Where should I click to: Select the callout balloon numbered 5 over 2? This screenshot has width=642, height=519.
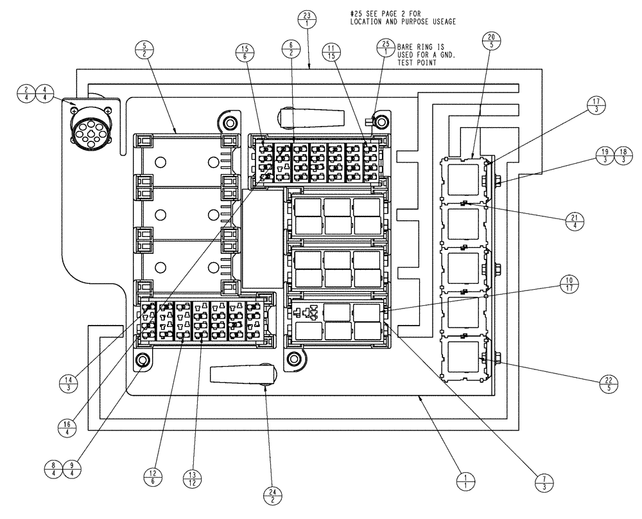tap(146, 50)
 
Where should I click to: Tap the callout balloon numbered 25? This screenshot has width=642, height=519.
tap(385, 48)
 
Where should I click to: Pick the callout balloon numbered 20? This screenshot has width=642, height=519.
tap(492, 40)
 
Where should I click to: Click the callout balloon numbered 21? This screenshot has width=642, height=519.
tap(572, 221)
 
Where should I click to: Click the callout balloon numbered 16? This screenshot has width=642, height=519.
tap(72, 428)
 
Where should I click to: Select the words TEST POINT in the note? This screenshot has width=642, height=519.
tap(417, 63)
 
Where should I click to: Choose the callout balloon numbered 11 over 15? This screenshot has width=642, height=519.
tap(331, 51)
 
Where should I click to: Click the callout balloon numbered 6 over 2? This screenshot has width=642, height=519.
tap(291, 50)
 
